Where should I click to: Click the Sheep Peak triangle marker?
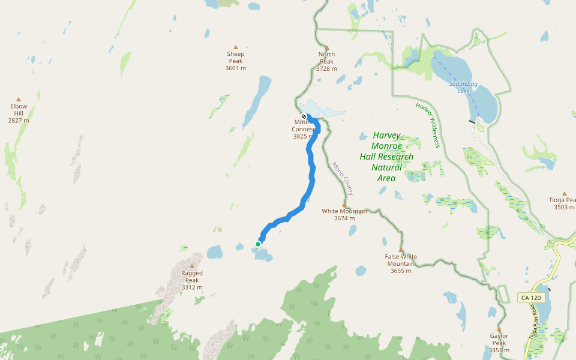[236, 47]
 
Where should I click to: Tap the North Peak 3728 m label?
[326, 62]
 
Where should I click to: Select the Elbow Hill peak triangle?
[19, 100]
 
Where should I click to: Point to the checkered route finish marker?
[304, 116]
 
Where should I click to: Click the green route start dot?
[258, 244]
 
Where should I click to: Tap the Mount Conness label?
[304, 130]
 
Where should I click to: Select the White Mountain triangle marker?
[344, 204]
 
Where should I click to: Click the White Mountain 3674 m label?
[344, 215]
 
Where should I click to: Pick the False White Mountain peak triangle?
[401, 250]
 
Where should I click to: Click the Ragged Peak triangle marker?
[192, 266]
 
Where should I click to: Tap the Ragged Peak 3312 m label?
[192, 280]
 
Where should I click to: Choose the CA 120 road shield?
[530, 298]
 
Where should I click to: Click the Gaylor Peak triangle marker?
[499, 329]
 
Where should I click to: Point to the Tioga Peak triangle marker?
[565, 193]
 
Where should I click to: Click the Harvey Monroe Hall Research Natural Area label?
[386, 157]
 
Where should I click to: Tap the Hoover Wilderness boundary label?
[428, 125]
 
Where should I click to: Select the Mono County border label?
[343, 178]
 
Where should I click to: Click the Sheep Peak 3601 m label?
[236, 61]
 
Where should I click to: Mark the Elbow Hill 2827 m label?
[19, 113]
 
